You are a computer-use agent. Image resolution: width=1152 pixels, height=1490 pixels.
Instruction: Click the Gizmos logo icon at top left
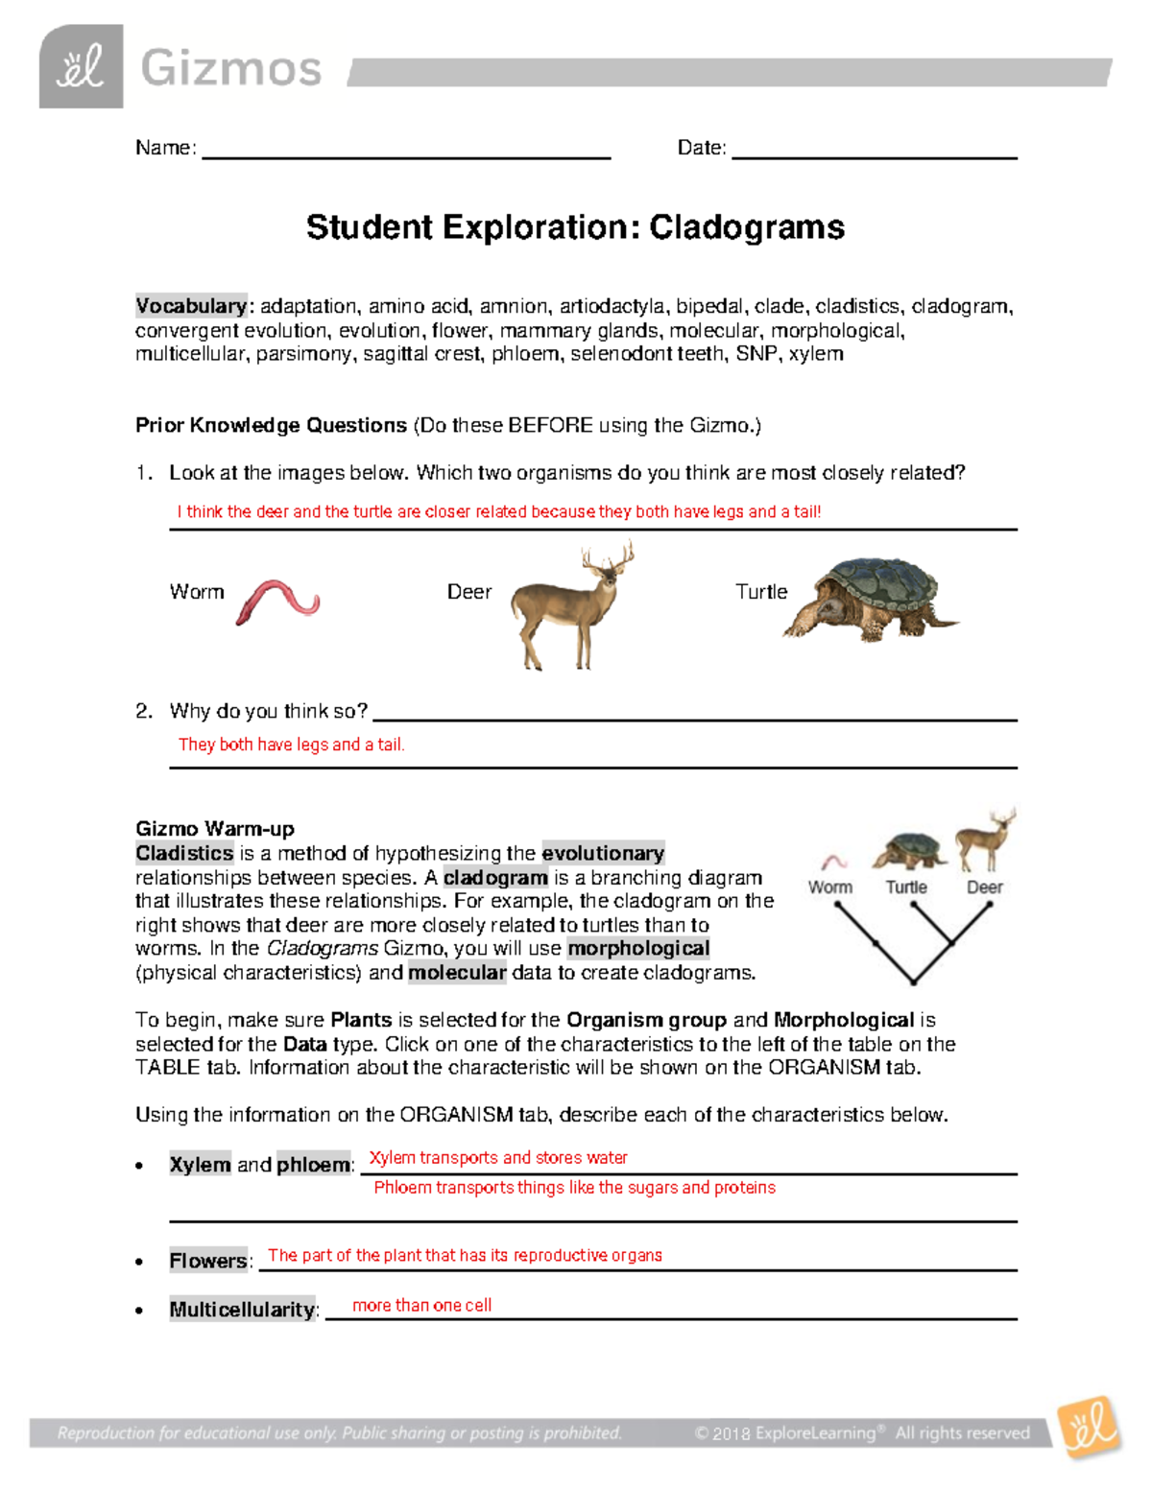[x=81, y=66]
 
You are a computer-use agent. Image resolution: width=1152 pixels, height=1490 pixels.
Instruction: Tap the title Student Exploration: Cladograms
[x=575, y=227]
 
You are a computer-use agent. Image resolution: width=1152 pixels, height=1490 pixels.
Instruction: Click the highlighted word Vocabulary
[x=191, y=306]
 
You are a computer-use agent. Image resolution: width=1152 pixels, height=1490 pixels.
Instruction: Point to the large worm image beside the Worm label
[x=277, y=602]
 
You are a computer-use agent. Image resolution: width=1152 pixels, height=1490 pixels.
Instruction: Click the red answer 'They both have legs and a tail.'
[x=291, y=745]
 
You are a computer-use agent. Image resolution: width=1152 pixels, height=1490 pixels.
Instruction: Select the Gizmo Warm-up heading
[x=215, y=829]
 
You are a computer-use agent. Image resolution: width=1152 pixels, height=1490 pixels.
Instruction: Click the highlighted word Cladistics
[x=184, y=853]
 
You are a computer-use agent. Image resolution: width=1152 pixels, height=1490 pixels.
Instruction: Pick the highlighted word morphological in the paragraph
[x=638, y=948]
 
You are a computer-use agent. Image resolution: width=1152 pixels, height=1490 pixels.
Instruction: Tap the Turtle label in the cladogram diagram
[x=906, y=887]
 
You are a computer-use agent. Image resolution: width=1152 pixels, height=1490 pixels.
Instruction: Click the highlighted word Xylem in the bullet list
[x=200, y=1165]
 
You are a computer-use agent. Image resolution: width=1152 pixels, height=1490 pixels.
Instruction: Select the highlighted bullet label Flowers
[x=208, y=1261]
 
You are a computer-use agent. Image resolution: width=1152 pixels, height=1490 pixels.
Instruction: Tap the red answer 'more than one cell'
[x=421, y=1306]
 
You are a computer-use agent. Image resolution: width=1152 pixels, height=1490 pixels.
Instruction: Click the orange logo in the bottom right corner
[x=1090, y=1429]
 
